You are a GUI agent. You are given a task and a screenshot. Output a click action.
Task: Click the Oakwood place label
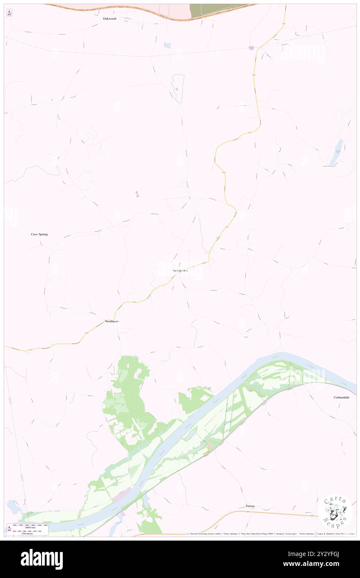[x=110, y=19]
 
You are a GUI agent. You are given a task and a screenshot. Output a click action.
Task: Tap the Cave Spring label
[x=39, y=234]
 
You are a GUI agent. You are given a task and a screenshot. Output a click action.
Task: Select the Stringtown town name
[x=180, y=271]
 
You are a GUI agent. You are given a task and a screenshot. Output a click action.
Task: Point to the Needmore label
[x=112, y=321]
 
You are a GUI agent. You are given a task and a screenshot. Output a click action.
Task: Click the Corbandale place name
[x=341, y=397]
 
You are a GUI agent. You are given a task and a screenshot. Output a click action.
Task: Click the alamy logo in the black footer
[x=42, y=559]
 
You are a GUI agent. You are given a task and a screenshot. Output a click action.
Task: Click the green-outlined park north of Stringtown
[x=178, y=88]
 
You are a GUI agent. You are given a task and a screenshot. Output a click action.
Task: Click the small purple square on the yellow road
[x=251, y=48]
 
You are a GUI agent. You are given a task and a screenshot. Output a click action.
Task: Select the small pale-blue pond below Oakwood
[x=168, y=45]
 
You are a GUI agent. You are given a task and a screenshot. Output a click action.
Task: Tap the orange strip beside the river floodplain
[x=207, y=447]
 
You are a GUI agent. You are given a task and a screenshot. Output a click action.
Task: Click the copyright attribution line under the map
[x=270, y=534]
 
